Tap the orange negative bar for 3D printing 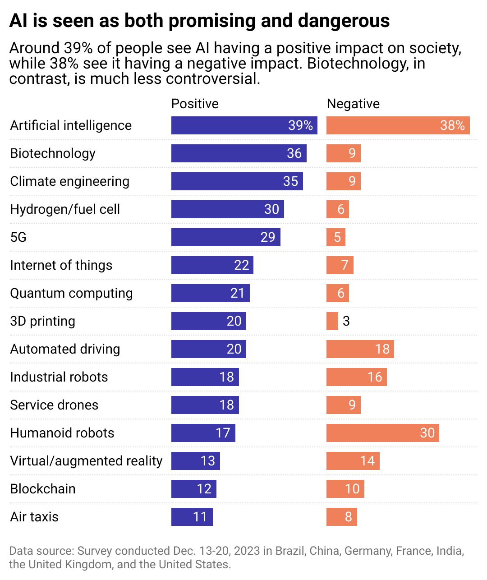click(332, 321)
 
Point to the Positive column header click(195, 104)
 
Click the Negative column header click(353, 104)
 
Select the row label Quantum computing click(71, 293)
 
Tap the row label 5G click(18, 237)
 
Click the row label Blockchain click(43, 489)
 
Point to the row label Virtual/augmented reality click(86, 461)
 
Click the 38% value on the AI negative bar click(452, 125)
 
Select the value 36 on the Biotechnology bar click(294, 153)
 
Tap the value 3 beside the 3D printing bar click(346, 321)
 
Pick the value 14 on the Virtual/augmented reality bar click(368, 461)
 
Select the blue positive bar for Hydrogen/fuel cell click(227, 209)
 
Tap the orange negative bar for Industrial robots click(356, 377)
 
